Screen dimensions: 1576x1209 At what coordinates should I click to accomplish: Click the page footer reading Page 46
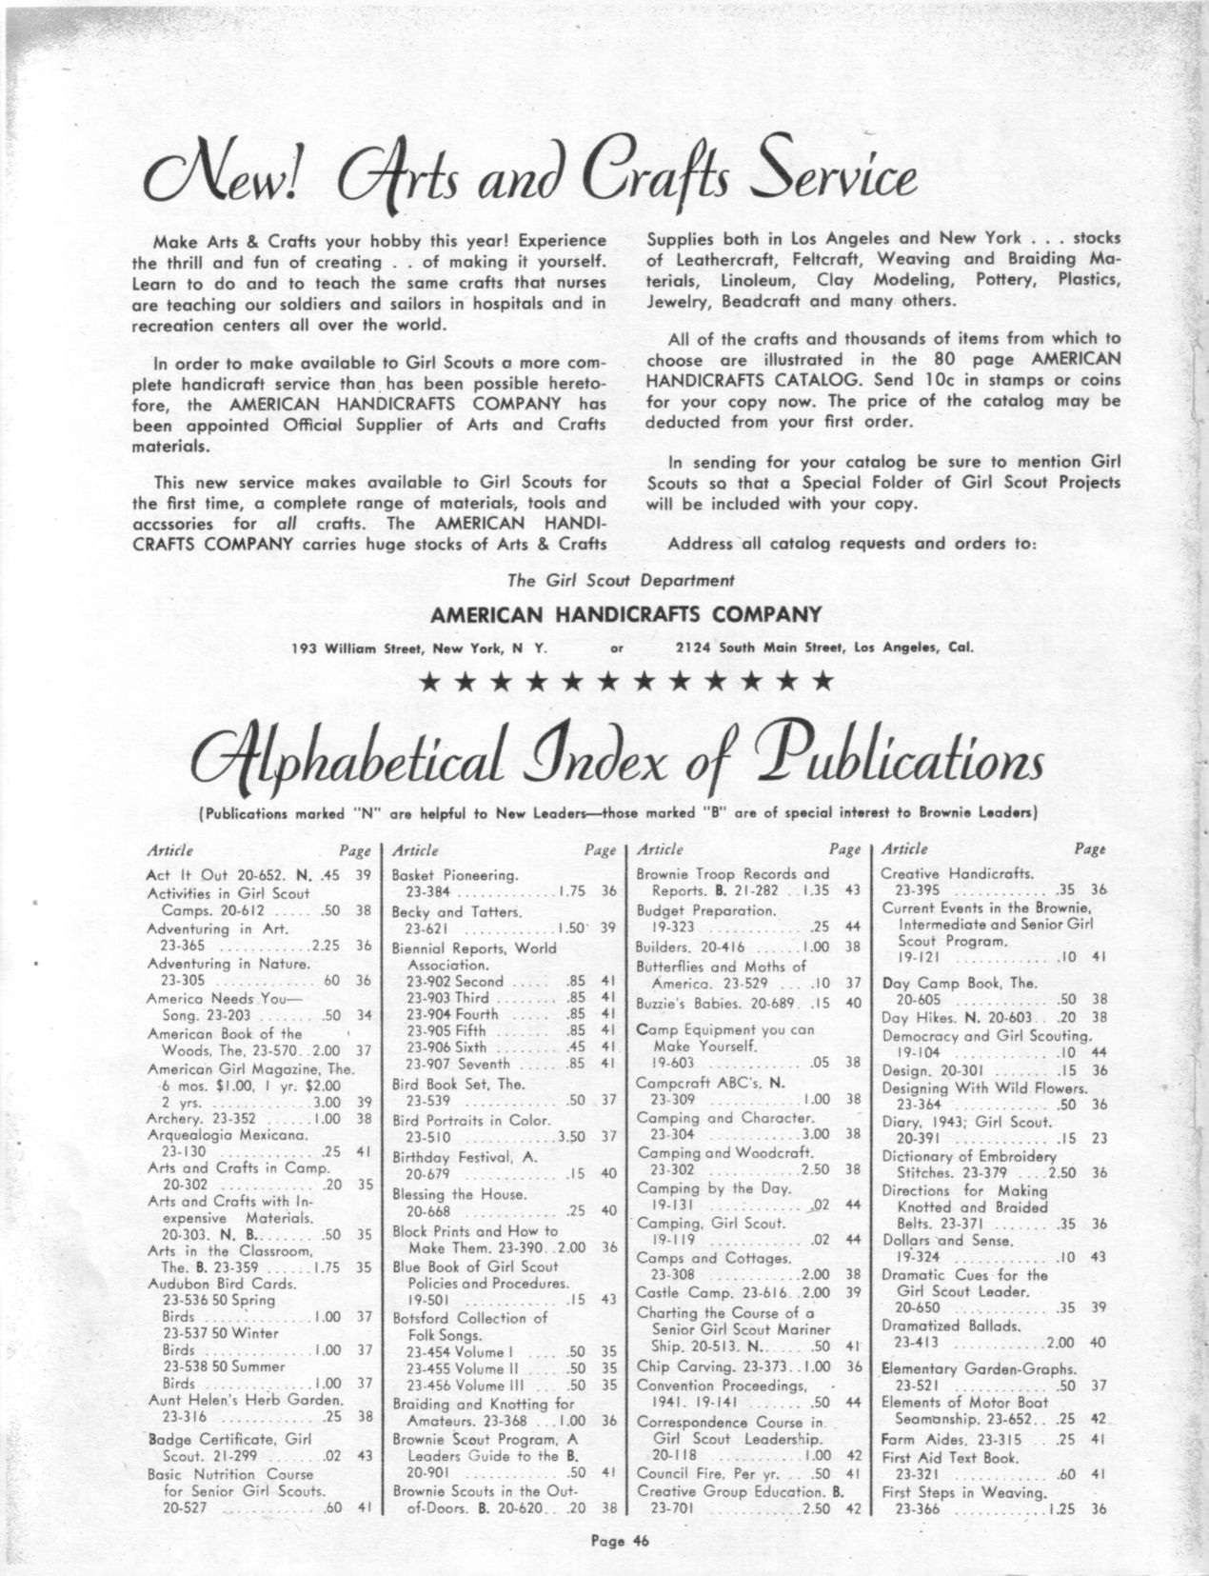tap(604, 1546)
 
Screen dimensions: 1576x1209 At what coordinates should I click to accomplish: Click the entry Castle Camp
tap(675, 1292)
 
